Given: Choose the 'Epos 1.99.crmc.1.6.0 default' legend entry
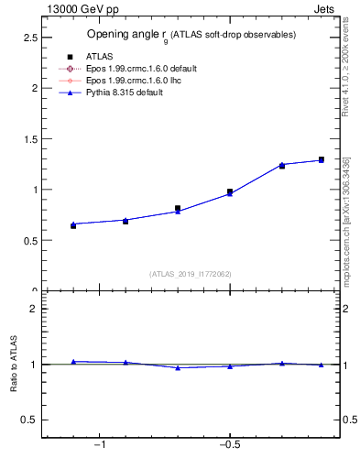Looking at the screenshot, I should (137, 69).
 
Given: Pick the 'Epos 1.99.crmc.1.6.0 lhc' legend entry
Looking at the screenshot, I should (131, 81).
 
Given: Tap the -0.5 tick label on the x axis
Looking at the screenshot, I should (229, 444).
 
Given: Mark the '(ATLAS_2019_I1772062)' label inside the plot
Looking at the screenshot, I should (190, 273).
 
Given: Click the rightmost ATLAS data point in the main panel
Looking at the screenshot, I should (321, 159).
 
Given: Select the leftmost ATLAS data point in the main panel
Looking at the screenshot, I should (73, 225).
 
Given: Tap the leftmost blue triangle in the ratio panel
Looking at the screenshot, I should (73, 362).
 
